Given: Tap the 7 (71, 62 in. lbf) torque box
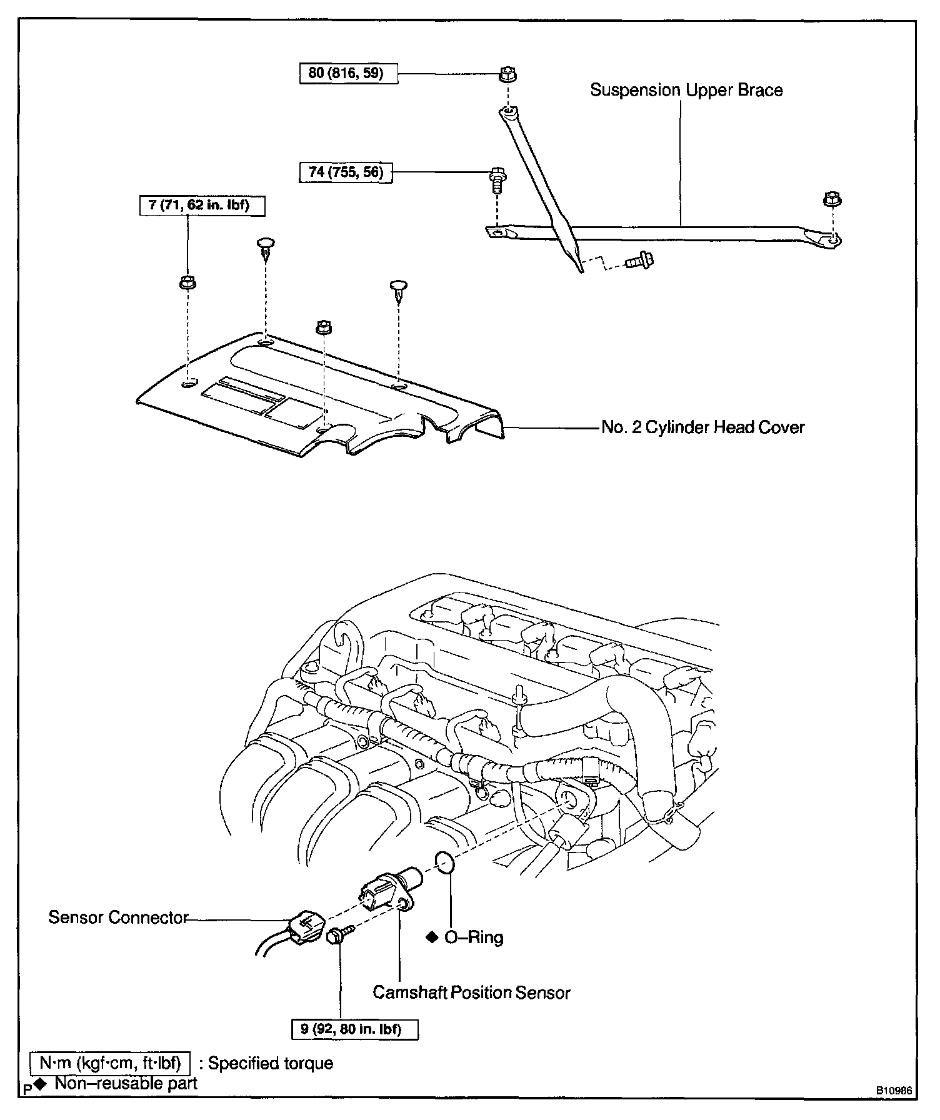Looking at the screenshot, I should [x=202, y=206].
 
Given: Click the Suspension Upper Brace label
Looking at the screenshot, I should [x=686, y=91].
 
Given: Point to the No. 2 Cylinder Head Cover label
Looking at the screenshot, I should [x=702, y=427].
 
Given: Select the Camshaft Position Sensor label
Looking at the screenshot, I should [x=471, y=992].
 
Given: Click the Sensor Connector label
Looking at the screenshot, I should [x=118, y=917].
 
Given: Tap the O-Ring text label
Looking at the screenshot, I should [x=473, y=937].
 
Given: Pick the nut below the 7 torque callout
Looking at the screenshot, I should [x=187, y=282].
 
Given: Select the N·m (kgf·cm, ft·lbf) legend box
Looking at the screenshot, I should [x=110, y=1063].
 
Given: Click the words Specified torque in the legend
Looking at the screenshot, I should [x=270, y=1064].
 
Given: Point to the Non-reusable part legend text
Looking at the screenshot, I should [x=126, y=1084].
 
